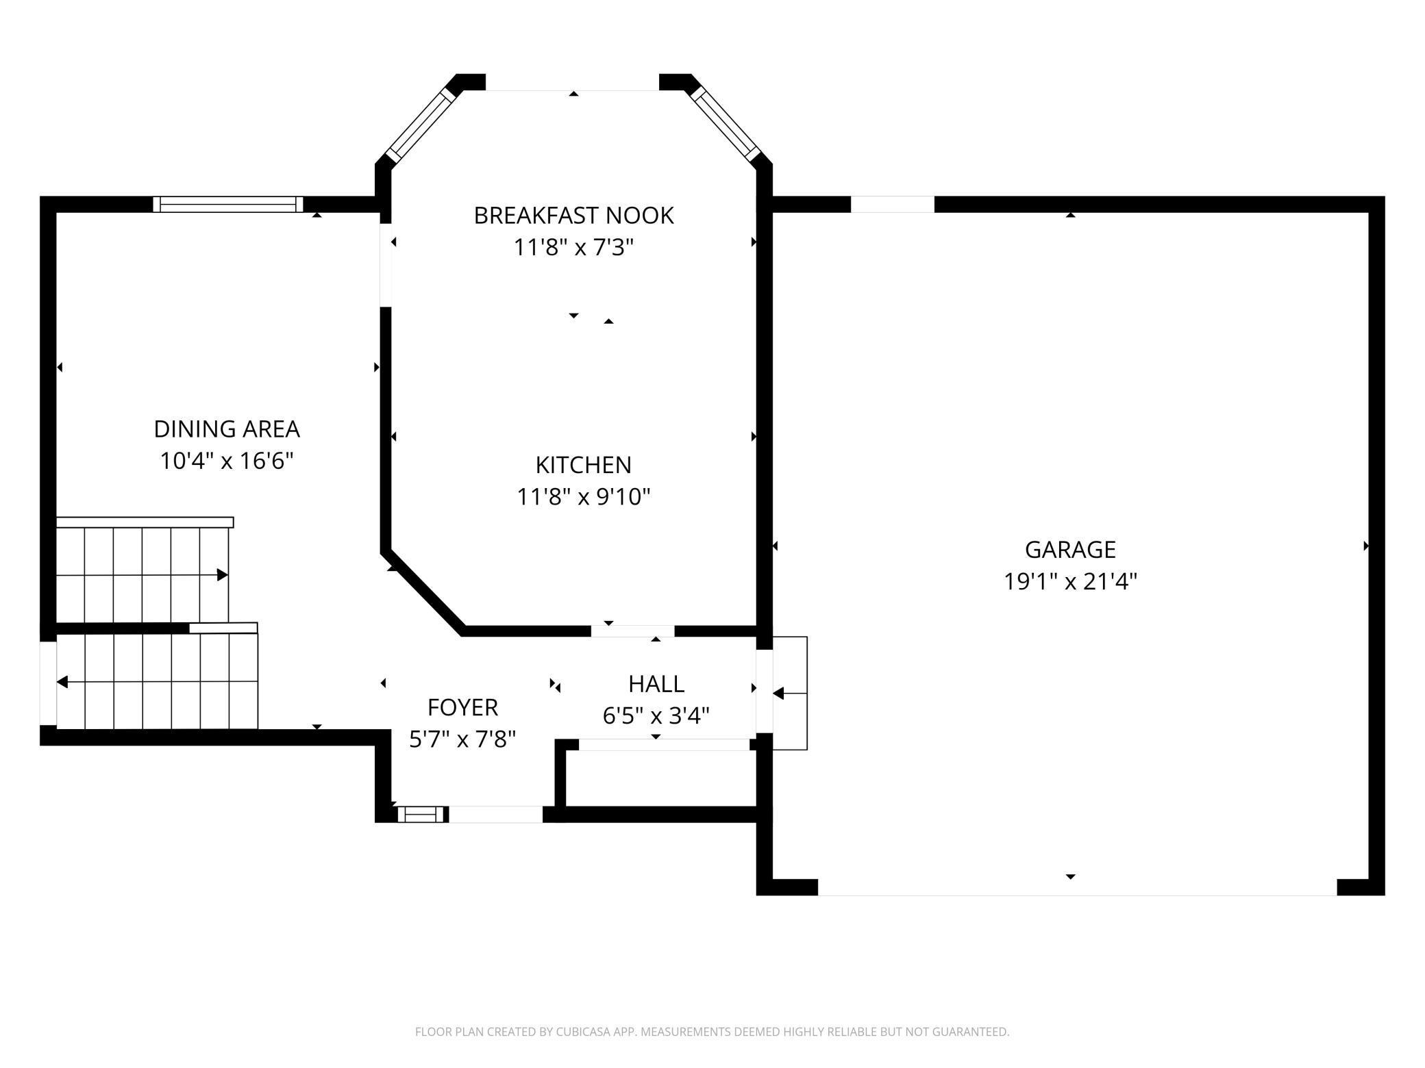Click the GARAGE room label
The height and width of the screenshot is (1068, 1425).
[1070, 550]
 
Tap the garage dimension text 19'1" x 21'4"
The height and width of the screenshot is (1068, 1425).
[1070, 582]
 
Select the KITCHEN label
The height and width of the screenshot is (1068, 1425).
[583, 465]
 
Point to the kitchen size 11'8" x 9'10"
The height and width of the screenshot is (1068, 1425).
[583, 496]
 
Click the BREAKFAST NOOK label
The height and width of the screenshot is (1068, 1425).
[573, 216]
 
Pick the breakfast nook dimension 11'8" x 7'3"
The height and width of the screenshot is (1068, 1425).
[573, 247]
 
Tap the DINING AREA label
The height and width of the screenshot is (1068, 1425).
[227, 429]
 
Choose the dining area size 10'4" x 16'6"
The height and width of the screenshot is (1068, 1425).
[227, 461]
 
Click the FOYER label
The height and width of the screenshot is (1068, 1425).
[462, 707]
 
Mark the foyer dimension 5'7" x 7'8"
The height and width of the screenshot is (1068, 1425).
[462, 739]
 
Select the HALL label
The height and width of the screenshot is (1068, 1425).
[656, 684]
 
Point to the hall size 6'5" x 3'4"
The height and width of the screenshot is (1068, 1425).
[656, 716]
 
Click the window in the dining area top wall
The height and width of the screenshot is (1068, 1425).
[228, 204]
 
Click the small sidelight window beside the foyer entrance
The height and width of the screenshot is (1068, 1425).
[421, 814]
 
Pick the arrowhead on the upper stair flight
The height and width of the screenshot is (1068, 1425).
[222, 575]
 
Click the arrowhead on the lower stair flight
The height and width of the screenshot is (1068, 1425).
[62, 682]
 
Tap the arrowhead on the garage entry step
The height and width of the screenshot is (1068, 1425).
[778, 694]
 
